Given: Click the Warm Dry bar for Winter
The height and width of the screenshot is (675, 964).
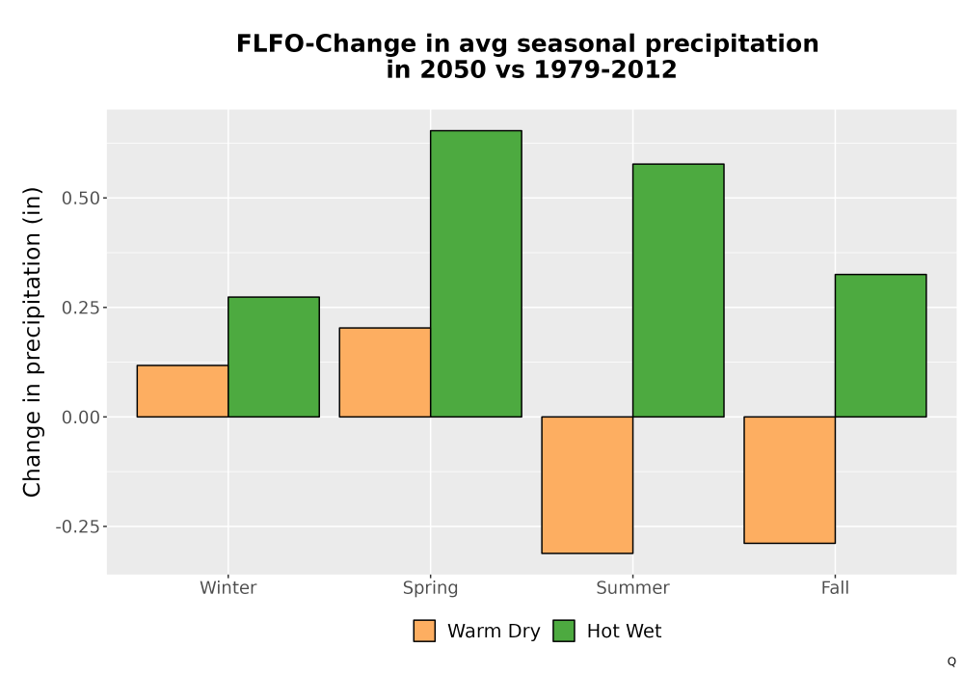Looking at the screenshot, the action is [182, 391].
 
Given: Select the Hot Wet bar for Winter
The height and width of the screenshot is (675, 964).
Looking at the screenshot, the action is [274, 357].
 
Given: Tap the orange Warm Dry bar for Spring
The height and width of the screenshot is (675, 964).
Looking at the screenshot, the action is [385, 372].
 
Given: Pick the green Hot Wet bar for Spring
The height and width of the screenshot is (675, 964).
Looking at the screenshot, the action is [476, 274].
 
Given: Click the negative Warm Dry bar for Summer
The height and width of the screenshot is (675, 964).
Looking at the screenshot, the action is [587, 485].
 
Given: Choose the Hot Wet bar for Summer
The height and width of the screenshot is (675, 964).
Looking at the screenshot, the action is [678, 290].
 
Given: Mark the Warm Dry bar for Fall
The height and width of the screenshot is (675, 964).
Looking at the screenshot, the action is [790, 480].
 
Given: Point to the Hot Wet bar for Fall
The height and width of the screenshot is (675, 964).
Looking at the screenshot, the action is [880, 345].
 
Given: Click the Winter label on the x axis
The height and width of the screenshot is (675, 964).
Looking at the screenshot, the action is [228, 587].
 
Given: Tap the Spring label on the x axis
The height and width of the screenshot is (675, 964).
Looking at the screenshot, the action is [430, 588].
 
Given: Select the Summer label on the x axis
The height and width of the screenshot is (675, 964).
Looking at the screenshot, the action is [632, 587].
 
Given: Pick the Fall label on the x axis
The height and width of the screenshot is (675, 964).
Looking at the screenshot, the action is [835, 587].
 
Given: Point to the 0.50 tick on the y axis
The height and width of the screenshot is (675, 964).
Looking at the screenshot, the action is [81, 198].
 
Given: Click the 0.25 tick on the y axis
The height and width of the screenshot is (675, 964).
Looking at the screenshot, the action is [81, 308].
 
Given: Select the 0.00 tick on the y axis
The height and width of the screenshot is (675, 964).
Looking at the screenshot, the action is [81, 417].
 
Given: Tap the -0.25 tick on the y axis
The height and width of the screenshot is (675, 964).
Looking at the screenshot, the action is [77, 526].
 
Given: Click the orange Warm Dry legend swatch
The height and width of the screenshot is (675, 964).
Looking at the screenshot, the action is [424, 631].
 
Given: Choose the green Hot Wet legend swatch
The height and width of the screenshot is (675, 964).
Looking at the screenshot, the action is [564, 631].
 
